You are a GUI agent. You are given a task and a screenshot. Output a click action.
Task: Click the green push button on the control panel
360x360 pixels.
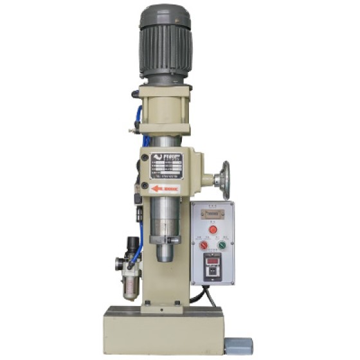point(222,245)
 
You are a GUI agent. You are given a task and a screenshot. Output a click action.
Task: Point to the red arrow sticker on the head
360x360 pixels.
point(165,189)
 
